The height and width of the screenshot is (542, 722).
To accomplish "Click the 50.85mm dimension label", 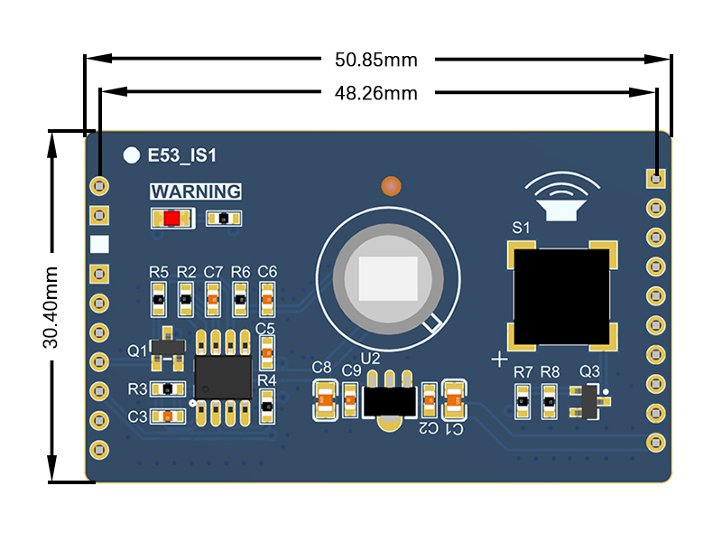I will pos(376,61).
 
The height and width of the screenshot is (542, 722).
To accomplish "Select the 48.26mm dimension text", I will pos(376,92).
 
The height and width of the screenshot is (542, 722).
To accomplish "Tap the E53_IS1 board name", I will pos(181,155).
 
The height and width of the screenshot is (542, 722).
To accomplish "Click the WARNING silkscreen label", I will pos(196,192).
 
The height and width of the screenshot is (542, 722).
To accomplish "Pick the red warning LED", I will pos(171,219).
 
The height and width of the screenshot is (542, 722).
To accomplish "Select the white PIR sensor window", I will pos(388,278).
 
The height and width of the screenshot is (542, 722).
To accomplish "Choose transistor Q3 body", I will pos(589,401).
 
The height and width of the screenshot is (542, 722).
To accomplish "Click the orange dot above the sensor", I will pos(391,186).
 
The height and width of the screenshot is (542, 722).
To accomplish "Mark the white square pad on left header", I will pos(99,244).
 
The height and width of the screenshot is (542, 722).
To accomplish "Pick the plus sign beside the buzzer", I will pos(499,359).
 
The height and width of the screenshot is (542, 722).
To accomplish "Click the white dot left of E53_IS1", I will pos(132,155).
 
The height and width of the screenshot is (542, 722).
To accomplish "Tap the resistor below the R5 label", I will pos(158,297).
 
